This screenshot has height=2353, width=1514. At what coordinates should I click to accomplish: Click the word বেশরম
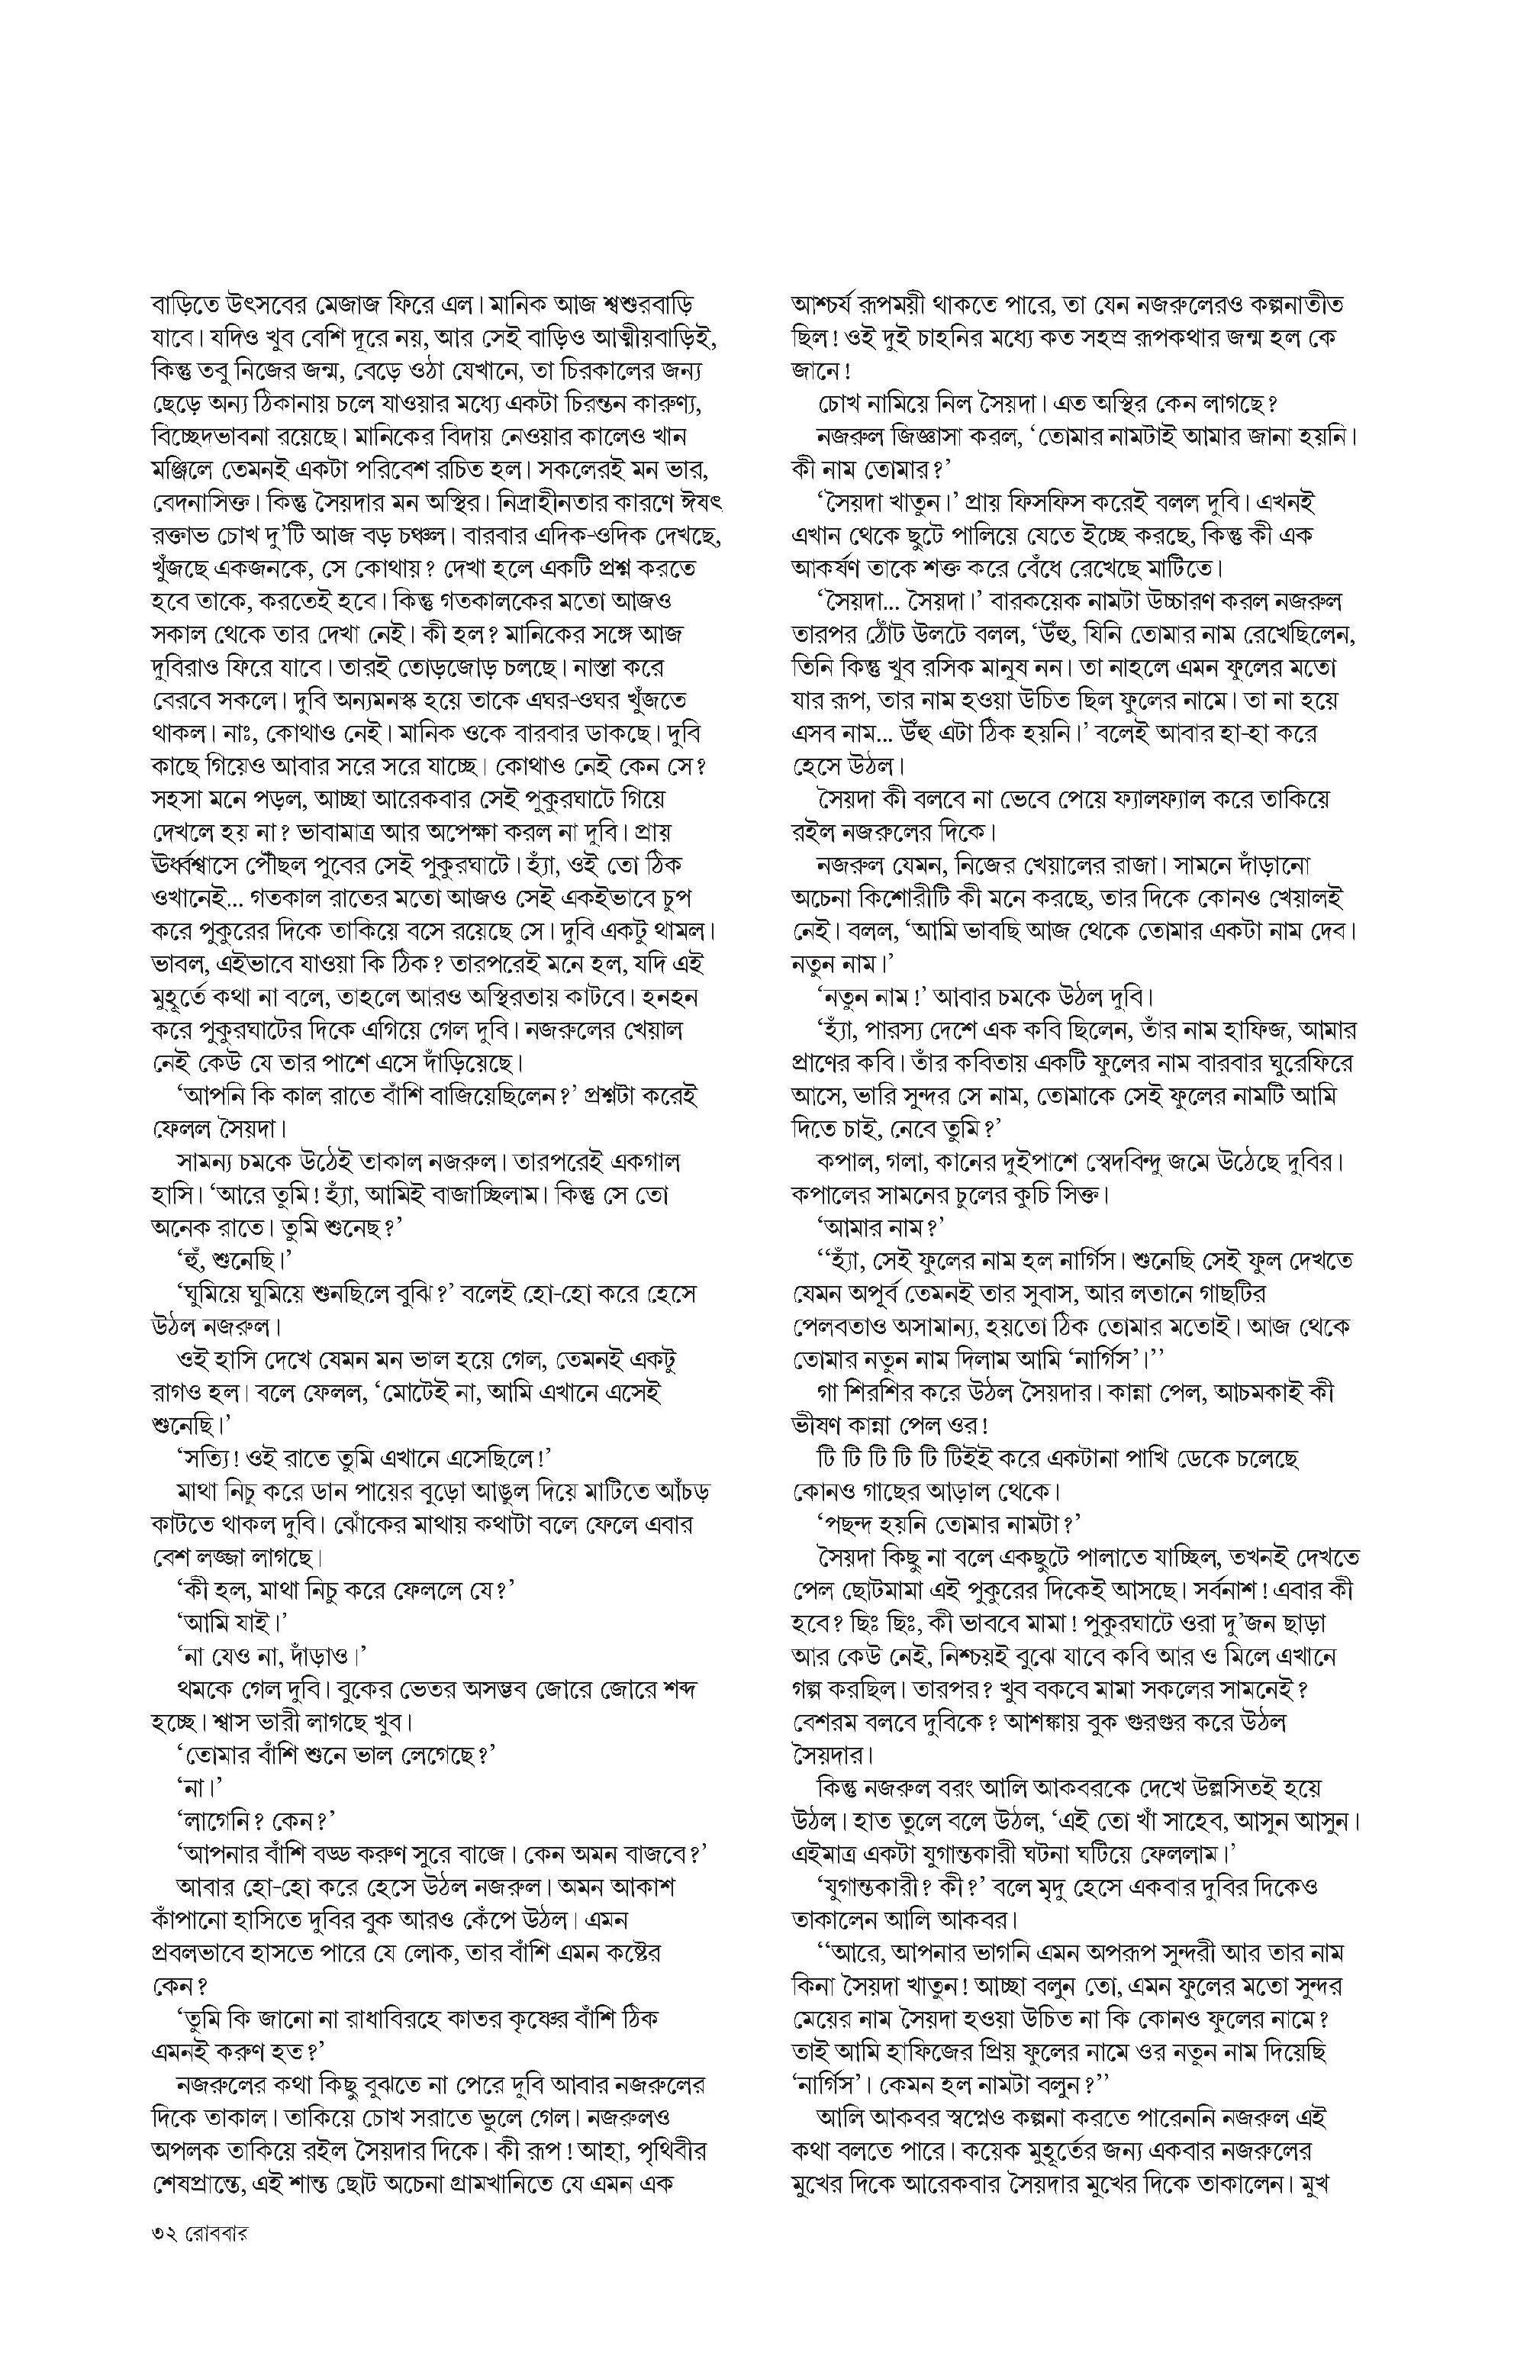836,1723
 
